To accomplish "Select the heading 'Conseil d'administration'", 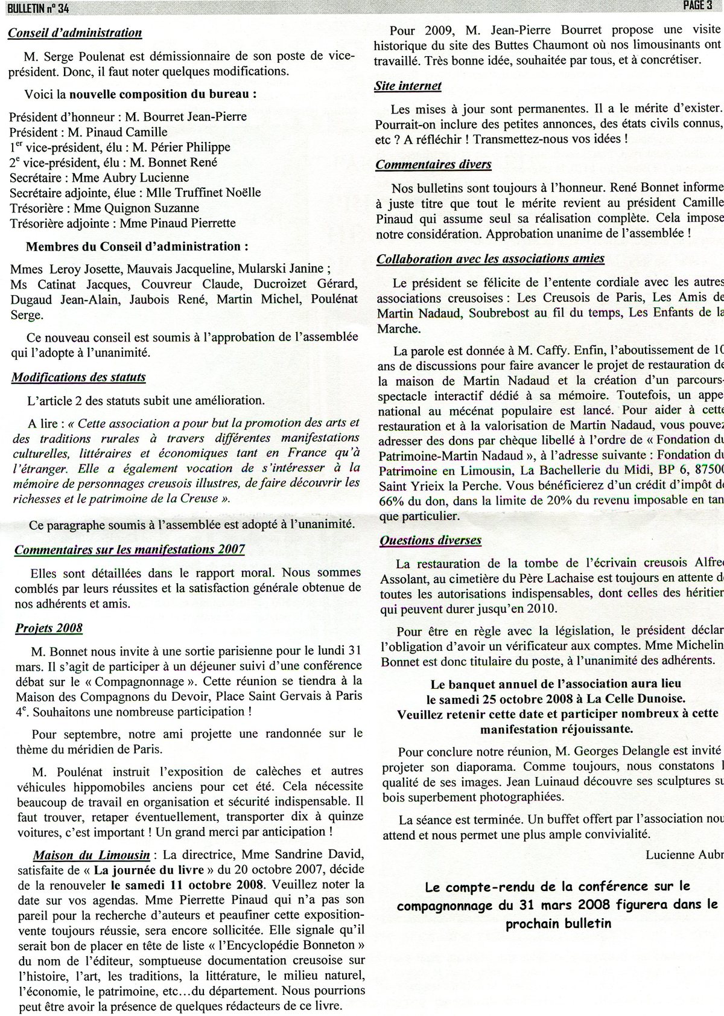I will pyautogui.click(x=75, y=33).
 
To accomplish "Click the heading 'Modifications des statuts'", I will pyautogui.click(x=78, y=377).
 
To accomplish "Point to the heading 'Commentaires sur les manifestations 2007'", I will pyautogui.click(x=130, y=549).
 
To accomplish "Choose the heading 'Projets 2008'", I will pyautogui.click(x=49, y=627).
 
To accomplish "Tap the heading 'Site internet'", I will pyautogui.click(x=408, y=86).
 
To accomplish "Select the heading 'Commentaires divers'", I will pyautogui.click(x=433, y=164).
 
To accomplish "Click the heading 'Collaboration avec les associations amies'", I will pyautogui.click(x=491, y=259).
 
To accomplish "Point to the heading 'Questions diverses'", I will pyautogui.click(x=430, y=540).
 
